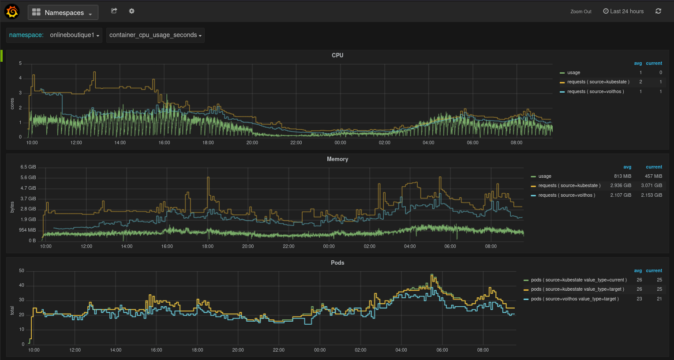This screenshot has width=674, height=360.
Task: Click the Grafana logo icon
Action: [12, 12]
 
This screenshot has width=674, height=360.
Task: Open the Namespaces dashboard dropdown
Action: [63, 12]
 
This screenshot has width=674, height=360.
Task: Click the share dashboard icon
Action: [114, 11]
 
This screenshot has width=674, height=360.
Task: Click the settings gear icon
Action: [131, 11]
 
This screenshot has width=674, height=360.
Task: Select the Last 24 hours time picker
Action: [623, 11]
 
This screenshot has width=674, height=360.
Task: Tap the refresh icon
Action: [658, 11]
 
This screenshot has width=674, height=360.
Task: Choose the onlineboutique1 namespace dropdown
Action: [74, 35]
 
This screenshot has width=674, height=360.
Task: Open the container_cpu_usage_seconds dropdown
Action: [155, 35]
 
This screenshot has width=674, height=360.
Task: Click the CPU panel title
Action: [337, 55]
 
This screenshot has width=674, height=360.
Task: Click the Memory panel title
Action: [337, 159]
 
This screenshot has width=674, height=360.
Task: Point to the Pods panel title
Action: [337, 262]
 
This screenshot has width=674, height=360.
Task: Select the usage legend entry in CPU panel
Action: [573, 73]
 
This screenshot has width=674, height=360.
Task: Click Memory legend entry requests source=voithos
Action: [566, 195]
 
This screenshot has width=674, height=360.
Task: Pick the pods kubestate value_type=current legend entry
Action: [578, 280]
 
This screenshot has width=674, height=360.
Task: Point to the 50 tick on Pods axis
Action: [22, 271]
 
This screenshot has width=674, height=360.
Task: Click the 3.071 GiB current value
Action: [652, 186]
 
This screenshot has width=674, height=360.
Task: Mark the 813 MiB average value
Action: [622, 176]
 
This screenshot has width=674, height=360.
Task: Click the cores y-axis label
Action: [12, 104]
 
